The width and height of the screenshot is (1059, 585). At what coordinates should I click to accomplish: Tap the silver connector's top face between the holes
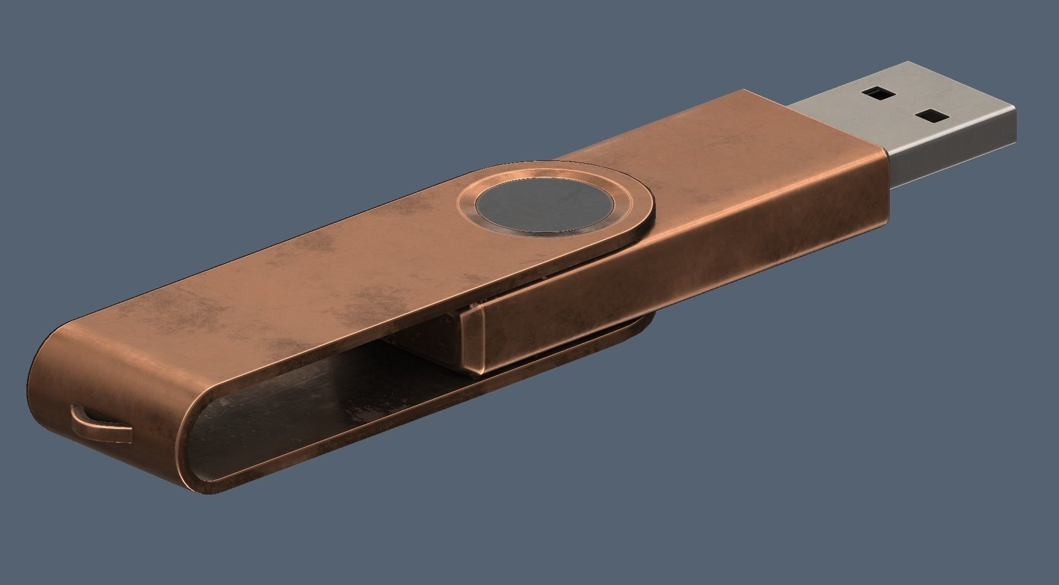905,105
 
